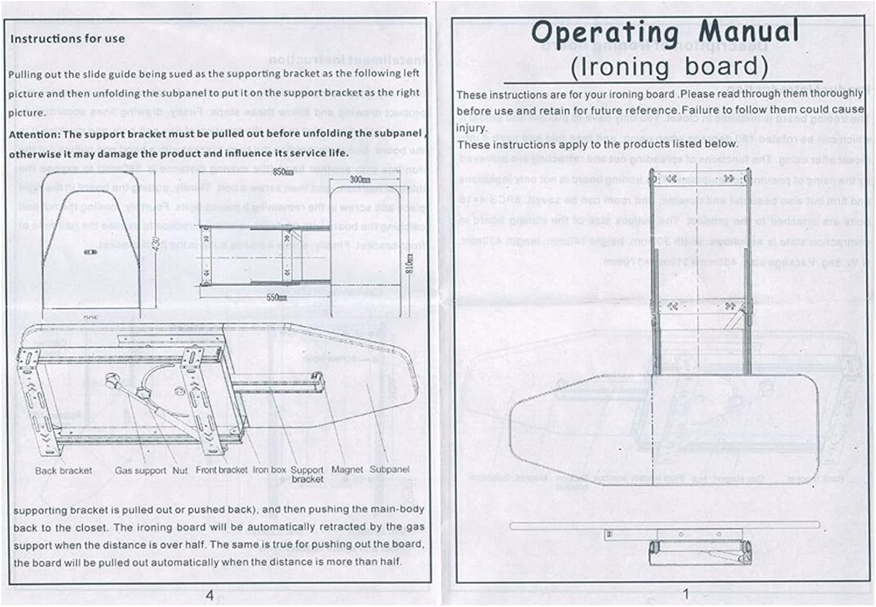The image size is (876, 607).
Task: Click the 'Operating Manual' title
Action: pyautogui.click(x=665, y=33)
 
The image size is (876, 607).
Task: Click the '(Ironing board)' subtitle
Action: pyautogui.click(x=669, y=67)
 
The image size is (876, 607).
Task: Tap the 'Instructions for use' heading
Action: pyautogui.click(x=68, y=39)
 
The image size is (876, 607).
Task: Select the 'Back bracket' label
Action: pyautogui.click(x=63, y=470)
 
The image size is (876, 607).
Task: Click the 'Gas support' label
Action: pyautogui.click(x=140, y=470)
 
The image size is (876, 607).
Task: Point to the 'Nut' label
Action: pyautogui.click(x=180, y=470)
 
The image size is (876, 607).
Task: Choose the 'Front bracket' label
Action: pyautogui.click(x=221, y=470)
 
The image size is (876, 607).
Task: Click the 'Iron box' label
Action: pyautogui.click(x=269, y=470)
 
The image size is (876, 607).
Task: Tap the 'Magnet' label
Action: pyautogui.click(x=347, y=470)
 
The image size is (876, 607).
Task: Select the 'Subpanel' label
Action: pyautogui.click(x=390, y=470)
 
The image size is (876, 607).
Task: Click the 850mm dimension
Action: pyautogui.click(x=283, y=172)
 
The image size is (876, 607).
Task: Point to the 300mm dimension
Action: pyautogui.click(x=360, y=180)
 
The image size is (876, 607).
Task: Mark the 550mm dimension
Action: pyautogui.click(x=276, y=298)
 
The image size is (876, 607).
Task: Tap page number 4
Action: pyautogui.click(x=209, y=595)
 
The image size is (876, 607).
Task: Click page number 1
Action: pyautogui.click(x=686, y=594)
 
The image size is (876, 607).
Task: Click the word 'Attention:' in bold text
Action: pyautogui.click(x=34, y=134)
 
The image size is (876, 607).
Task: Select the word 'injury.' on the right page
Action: pyautogui.click(x=471, y=128)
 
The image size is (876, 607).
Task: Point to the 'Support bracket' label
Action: pyautogui.click(x=307, y=475)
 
